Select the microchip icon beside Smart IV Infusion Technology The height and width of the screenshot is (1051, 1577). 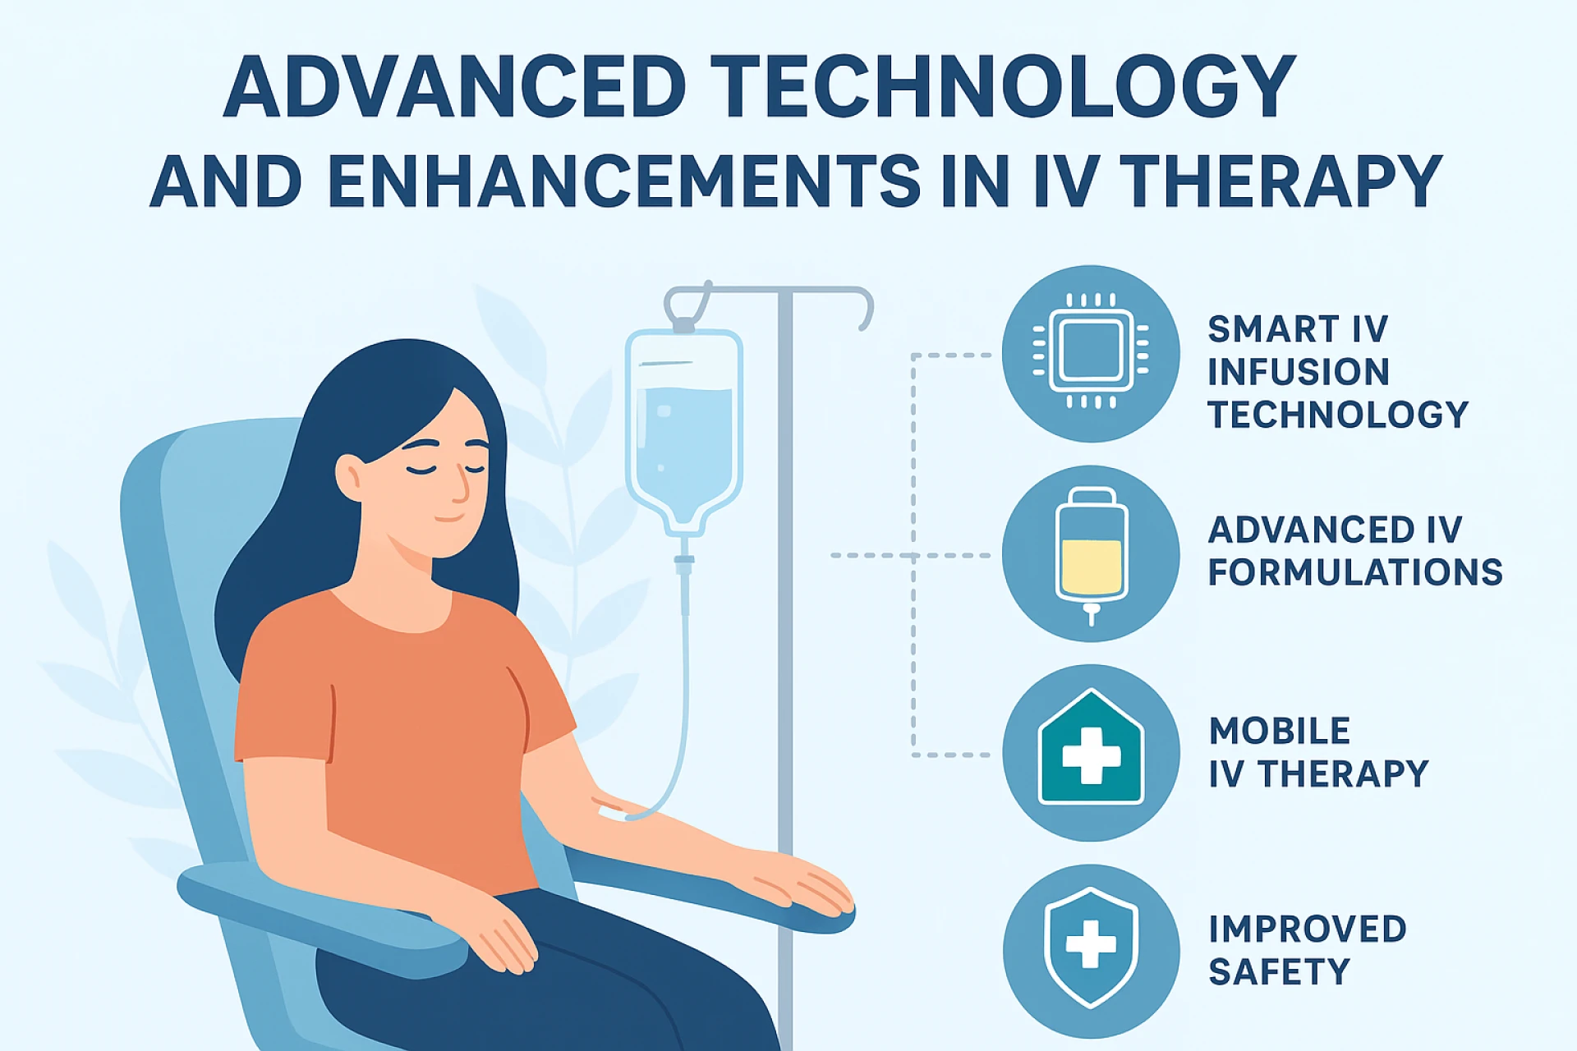click(x=1091, y=353)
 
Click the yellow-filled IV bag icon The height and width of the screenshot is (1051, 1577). click(x=1091, y=554)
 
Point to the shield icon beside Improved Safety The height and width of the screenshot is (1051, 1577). click(x=1091, y=946)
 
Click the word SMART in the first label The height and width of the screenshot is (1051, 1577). click(x=1273, y=329)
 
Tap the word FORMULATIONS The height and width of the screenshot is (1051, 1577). click(x=1355, y=572)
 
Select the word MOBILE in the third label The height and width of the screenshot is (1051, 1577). click(x=1280, y=731)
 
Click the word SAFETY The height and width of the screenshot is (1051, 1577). click(x=1280, y=972)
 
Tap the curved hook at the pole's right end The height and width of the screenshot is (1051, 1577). click(x=864, y=308)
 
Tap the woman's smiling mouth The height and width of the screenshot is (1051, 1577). click(x=448, y=518)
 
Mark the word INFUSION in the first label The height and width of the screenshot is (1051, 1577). click(x=1299, y=372)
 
